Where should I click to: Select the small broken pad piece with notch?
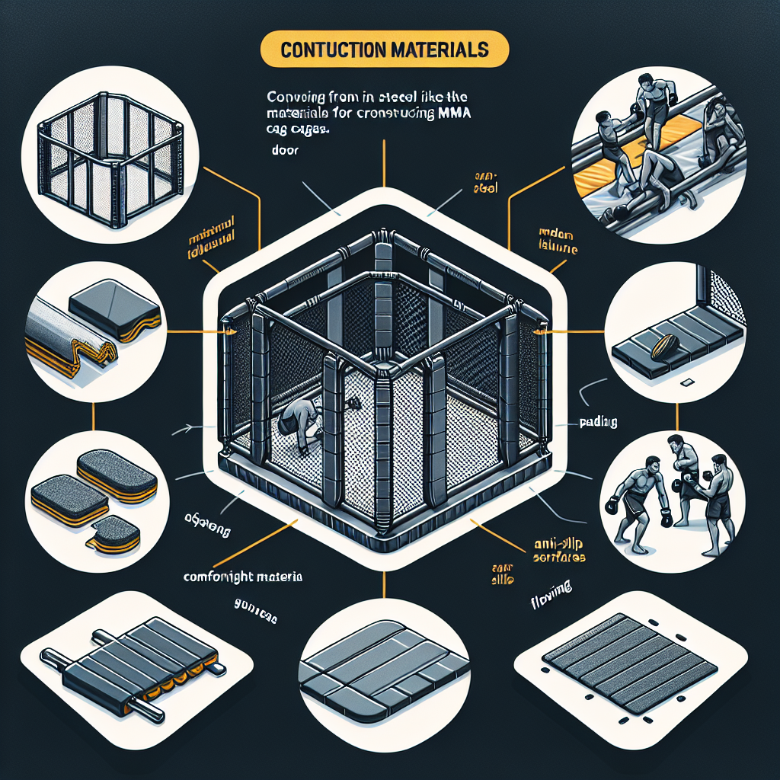tap(114, 535)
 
